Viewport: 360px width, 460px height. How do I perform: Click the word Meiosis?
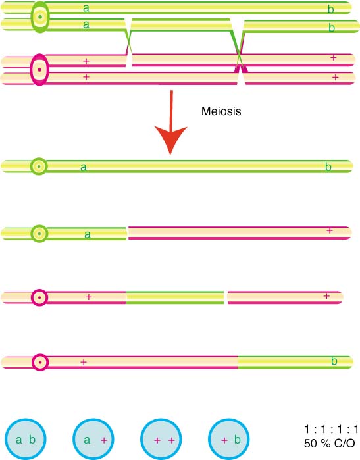pos(221,111)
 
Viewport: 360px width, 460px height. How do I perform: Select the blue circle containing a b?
pos(26,439)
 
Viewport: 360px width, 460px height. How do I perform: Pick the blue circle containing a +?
pos(93,439)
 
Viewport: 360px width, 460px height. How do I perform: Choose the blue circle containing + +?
pos(161,439)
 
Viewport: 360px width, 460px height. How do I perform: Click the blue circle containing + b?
pos(228,439)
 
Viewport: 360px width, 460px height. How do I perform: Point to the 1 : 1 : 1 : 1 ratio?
pos(331,430)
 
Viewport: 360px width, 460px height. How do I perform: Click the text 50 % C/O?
pos(329,443)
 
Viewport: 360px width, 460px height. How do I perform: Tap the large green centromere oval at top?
pos(40,16)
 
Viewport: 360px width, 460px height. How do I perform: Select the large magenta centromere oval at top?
pos(39,70)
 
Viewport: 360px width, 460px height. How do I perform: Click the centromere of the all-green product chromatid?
pos(39,166)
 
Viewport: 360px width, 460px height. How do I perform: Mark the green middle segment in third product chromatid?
pos(175,297)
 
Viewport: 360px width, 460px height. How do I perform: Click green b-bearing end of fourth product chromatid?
pos(295,362)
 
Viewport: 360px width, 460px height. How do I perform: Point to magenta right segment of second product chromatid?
pos(240,233)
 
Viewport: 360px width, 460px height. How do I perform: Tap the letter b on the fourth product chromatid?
pos(334,361)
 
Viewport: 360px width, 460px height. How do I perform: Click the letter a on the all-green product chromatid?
pos(84,167)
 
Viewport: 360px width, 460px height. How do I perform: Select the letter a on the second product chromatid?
pos(87,234)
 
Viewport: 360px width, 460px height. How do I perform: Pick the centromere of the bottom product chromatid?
pos(40,362)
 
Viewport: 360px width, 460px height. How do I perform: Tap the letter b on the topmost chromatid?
pos(330,9)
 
